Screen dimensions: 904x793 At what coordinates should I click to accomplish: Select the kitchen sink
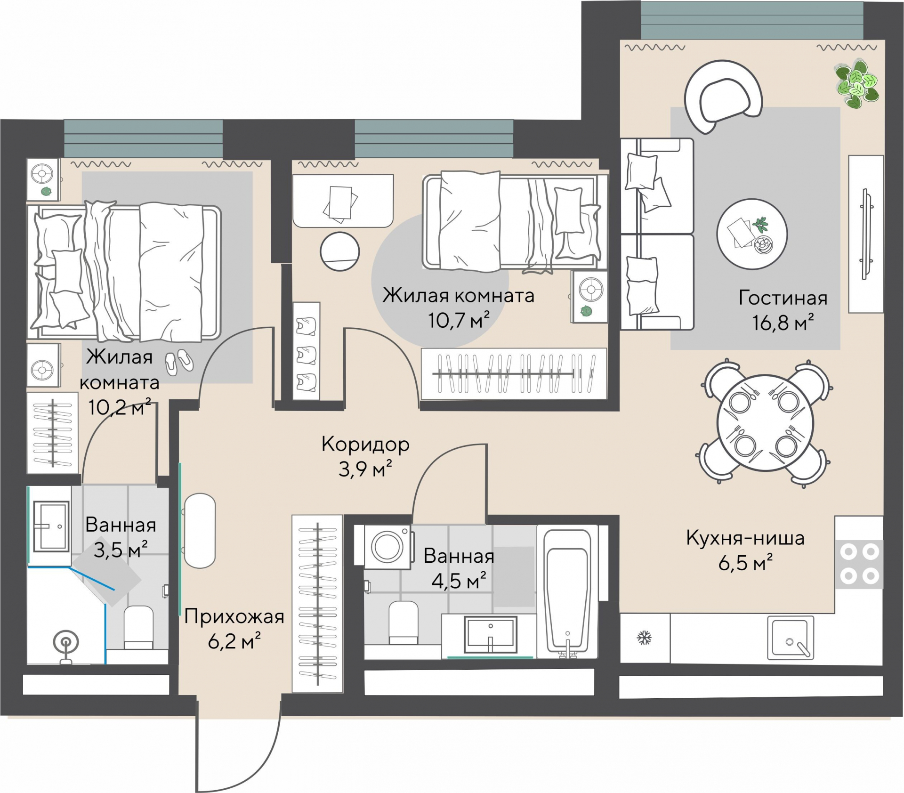click(x=791, y=638)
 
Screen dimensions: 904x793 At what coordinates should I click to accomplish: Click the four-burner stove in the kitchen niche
click(x=859, y=564)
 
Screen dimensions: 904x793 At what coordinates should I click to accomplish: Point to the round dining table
click(x=765, y=422)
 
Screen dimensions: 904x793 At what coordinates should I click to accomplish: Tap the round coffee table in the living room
click(x=752, y=234)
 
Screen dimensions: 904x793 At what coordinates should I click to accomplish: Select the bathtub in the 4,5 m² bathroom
click(x=567, y=591)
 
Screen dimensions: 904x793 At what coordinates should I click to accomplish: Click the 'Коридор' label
click(x=365, y=444)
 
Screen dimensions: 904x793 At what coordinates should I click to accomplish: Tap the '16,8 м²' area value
click(x=783, y=323)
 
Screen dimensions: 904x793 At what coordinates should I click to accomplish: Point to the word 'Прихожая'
click(x=234, y=616)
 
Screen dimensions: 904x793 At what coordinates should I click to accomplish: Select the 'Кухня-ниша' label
click(x=745, y=537)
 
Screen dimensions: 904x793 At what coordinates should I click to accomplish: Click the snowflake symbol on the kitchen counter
click(x=644, y=638)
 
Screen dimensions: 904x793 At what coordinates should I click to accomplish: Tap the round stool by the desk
click(x=340, y=251)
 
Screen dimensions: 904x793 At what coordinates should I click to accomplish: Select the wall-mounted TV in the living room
click(x=865, y=234)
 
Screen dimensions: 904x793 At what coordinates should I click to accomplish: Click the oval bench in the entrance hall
click(x=200, y=531)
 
